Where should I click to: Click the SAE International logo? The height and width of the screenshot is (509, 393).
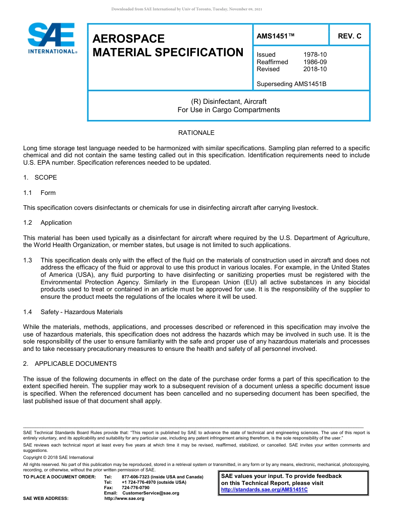(52, 38)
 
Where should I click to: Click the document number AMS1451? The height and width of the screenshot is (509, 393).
(275, 36)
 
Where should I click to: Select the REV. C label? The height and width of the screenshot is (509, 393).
(349, 36)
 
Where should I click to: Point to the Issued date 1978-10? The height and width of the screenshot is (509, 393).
(315, 55)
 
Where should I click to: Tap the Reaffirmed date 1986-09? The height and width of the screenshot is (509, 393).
(315, 62)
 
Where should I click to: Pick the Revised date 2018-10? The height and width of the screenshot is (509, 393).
(315, 69)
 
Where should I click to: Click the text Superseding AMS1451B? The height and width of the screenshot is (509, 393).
(291, 84)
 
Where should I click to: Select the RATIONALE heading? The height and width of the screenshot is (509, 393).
(196, 133)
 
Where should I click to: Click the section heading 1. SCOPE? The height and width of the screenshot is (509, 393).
(40, 178)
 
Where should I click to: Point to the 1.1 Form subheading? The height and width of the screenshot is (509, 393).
(39, 193)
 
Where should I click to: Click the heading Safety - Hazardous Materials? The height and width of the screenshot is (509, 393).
(81, 312)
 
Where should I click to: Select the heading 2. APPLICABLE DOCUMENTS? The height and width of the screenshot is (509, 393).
(70, 364)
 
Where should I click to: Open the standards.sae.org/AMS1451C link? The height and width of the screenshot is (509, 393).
(264, 490)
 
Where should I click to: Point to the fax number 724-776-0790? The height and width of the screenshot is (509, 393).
(136, 487)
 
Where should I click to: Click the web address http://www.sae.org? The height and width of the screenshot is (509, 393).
(125, 498)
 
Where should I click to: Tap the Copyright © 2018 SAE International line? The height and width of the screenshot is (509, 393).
(58, 457)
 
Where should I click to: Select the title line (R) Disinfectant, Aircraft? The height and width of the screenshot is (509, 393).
(229, 101)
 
